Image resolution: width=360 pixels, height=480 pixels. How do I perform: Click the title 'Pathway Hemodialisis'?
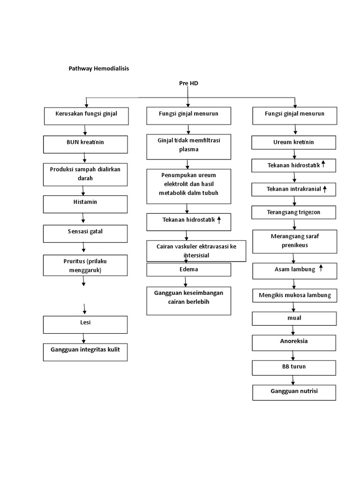(x=98, y=68)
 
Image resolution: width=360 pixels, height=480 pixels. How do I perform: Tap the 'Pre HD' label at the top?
(x=188, y=83)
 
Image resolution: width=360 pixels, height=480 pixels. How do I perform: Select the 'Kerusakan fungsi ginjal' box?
(x=86, y=116)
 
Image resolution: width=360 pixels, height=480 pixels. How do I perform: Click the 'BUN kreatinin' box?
(x=85, y=144)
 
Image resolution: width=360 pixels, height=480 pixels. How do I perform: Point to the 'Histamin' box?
(x=85, y=204)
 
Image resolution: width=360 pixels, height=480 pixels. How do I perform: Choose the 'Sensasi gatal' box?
(x=85, y=233)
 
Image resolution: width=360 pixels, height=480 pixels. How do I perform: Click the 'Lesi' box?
(x=85, y=324)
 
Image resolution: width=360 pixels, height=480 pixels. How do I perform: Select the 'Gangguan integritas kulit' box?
(x=85, y=352)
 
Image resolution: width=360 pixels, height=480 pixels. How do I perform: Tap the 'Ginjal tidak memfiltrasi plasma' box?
(x=188, y=146)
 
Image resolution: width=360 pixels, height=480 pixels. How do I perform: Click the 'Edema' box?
(x=188, y=270)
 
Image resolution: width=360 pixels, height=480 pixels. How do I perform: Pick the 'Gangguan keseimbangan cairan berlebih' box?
(x=188, y=300)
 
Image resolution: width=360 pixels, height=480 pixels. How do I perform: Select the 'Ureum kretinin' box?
(x=294, y=142)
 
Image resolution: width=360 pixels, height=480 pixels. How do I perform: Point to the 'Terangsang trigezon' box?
(x=294, y=212)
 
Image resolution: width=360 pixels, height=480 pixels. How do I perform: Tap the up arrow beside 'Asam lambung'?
(x=321, y=268)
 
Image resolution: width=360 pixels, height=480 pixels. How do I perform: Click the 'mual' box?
(x=294, y=318)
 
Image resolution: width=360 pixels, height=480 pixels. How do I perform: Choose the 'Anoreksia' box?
(x=294, y=342)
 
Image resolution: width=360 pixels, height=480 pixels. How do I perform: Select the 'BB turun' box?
(x=294, y=367)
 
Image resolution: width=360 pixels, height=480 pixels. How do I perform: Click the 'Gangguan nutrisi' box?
(x=294, y=392)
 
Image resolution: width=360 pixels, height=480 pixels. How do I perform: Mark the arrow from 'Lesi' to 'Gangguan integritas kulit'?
(x=84, y=338)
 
